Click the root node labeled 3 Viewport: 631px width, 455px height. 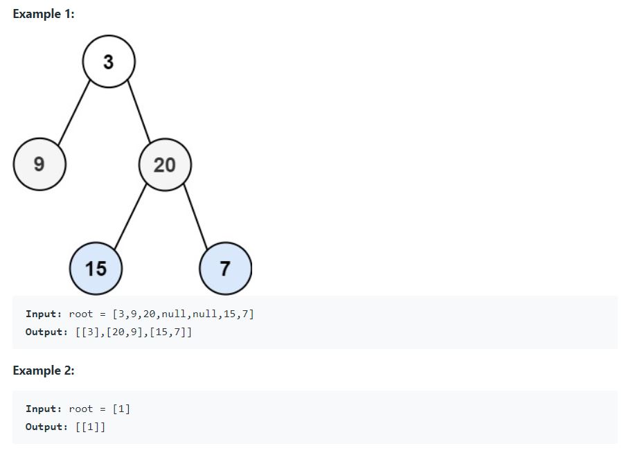(x=109, y=62)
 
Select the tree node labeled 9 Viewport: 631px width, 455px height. (x=39, y=164)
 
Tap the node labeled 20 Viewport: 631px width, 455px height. (x=165, y=164)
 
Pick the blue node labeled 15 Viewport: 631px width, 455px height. (x=96, y=268)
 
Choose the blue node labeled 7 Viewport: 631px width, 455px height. (x=225, y=268)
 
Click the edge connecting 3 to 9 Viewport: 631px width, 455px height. (x=73, y=113)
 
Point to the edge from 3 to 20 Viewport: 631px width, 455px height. (x=137, y=113)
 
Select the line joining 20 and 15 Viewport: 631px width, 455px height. (x=130, y=215)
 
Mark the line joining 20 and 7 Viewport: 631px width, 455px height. (x=195, y=215)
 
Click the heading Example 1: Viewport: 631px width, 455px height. (x=44, y=15)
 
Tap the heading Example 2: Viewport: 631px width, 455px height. (x=44, y=371)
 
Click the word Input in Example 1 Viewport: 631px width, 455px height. (x=43, y=314)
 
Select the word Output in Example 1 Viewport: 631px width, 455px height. (x=46, y=332)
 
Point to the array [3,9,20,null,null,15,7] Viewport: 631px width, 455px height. (x=183, y=314)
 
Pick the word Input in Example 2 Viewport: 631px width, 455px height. (x=43, y=409)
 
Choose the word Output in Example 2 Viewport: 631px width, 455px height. (x=46, y=427)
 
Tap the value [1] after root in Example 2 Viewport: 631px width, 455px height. (x=121, y=409)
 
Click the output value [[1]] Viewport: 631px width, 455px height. (x=90, y=427)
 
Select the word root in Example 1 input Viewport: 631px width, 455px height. (x=81, y=314)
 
